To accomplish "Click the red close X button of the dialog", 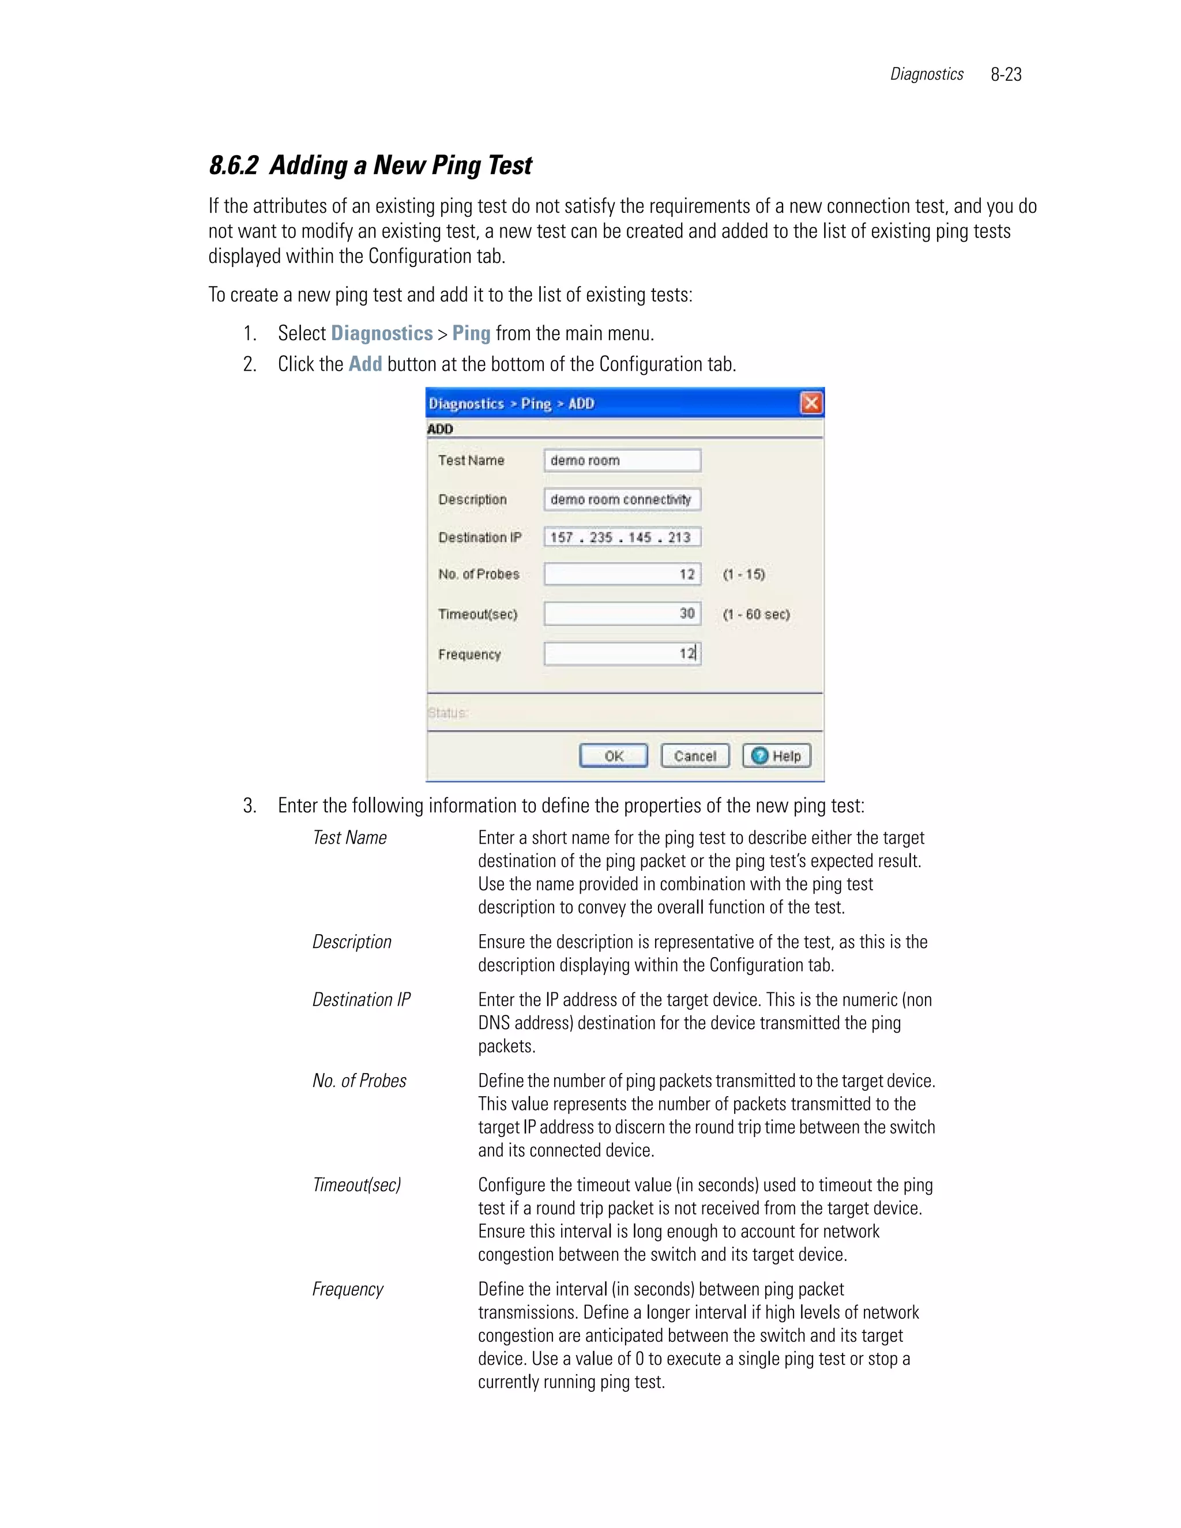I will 811,403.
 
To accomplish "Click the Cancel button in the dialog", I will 695,755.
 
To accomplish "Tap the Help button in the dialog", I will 777,755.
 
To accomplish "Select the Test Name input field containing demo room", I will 622,460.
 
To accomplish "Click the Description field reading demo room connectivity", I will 622,499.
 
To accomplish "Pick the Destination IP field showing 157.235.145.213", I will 622,537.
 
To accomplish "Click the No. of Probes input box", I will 622,574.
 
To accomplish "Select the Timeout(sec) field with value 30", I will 622,614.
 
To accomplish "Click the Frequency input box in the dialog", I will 622,653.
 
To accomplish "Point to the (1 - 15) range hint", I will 744,574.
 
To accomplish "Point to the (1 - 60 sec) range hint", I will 757,614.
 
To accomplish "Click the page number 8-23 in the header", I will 1006,74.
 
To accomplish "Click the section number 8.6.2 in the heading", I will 234,166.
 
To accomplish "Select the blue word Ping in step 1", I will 471,333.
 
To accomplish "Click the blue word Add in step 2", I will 365,364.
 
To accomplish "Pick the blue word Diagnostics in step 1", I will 381,333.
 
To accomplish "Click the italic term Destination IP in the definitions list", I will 361,1000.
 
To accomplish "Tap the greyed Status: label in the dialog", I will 447,713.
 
